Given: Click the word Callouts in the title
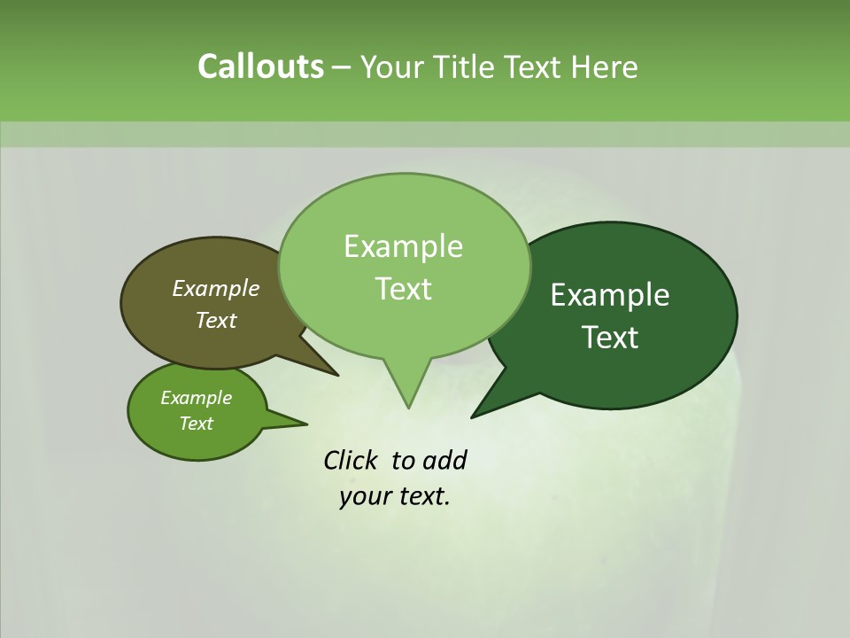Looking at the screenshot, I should tap(260, 66).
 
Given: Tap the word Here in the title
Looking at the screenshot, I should tap(606, 66).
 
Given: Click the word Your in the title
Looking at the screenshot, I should tap(393, 66).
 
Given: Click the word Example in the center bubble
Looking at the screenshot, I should tap(404, 246).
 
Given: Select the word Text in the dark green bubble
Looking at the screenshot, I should tap(610, 338).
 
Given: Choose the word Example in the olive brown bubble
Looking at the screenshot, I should tap(216, 288).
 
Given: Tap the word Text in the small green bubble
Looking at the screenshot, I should tap(197, 424).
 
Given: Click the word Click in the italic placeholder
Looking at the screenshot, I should tap(352, 460).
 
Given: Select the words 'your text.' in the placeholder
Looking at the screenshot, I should tap(395, 496).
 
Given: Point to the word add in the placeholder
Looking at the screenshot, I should tap(444, 460).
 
